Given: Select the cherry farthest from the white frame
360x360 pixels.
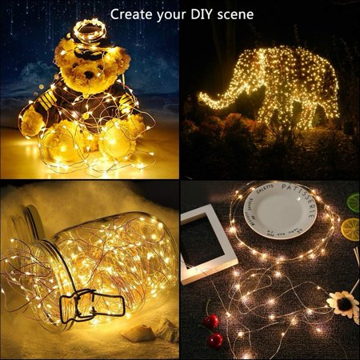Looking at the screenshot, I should (x=216, y=340).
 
